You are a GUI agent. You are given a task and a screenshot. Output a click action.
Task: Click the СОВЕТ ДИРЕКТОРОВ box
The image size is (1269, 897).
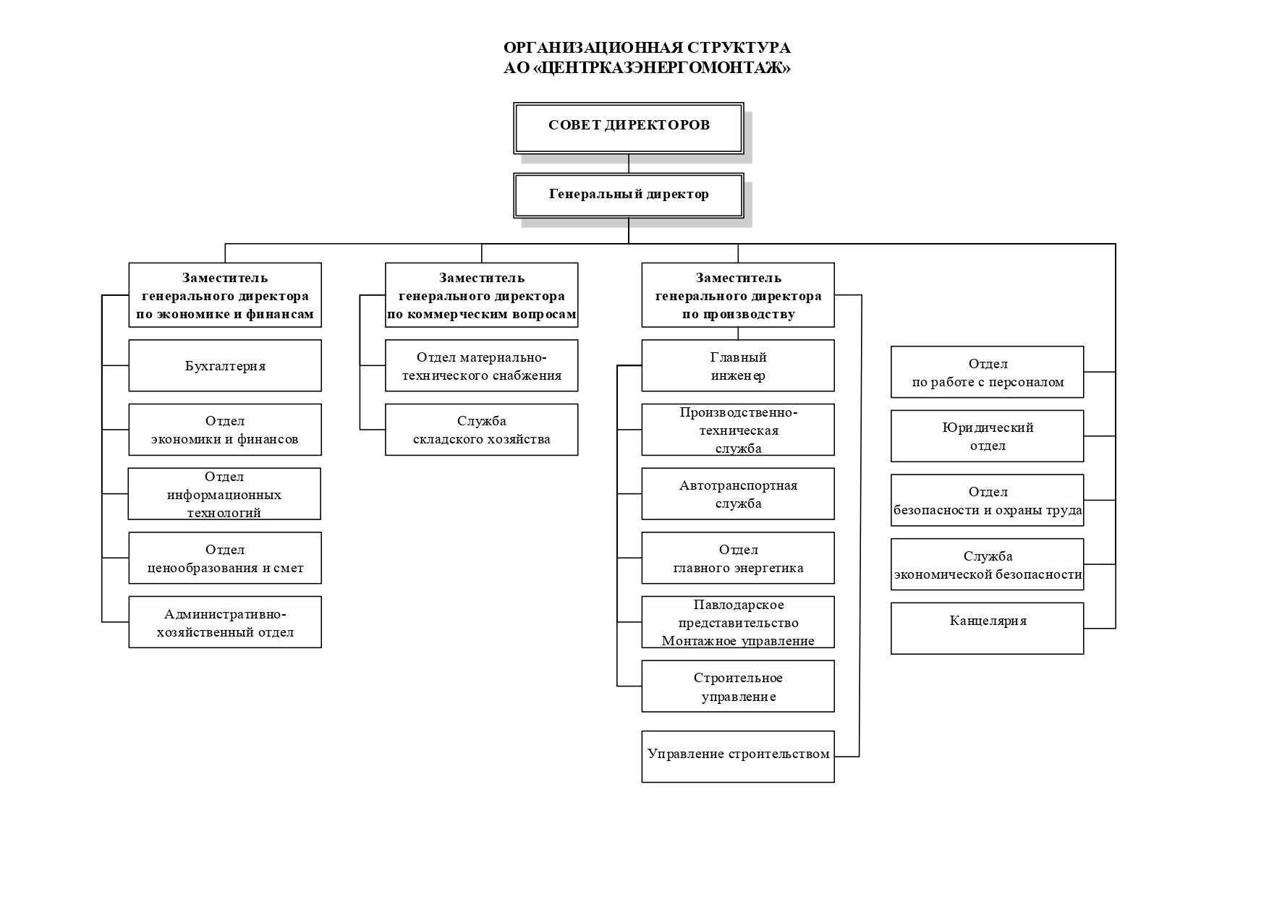(x=628, y=128)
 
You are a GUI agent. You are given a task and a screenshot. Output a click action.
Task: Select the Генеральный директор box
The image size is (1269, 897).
(x=628, y=195)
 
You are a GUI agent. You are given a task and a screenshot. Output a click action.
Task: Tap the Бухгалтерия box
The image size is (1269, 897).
(x=225, y=366)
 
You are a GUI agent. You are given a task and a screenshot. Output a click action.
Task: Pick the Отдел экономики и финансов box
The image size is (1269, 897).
(x=225, y=430)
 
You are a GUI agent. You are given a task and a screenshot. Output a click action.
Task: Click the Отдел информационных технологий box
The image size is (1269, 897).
(x=224, y=494)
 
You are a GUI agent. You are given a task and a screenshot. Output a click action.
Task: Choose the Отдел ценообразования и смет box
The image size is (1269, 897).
(x=225, y=558)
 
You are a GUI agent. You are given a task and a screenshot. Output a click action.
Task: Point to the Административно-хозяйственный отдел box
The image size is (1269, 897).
(x=225, y=622)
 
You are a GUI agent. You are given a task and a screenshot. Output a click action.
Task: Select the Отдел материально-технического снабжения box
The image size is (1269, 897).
(x=482, y=366)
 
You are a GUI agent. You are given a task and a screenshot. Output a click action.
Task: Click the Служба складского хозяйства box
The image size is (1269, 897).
(x=482, y=430)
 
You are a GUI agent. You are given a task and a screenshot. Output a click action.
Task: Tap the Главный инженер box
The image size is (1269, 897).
(x=738, y=366)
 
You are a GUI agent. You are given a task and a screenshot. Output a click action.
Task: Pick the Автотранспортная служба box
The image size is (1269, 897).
(x=738, y=494)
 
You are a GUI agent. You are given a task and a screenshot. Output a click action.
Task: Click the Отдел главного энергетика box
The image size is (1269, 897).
(x=738, y=558)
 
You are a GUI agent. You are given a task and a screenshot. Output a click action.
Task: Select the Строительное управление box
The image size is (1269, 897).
(x=738, y=686)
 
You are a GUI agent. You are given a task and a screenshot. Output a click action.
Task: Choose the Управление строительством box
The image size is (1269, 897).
(x=738, y=757)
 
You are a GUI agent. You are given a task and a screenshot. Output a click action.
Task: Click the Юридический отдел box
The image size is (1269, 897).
(x=988, y=436)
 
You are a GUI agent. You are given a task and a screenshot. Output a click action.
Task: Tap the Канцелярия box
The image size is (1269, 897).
(x=988, y=629)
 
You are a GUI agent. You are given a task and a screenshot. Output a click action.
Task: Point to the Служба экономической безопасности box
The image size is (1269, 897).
(x=988, y=564)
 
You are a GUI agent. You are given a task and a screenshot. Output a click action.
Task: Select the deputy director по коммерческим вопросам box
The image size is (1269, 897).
(x=482, y=295)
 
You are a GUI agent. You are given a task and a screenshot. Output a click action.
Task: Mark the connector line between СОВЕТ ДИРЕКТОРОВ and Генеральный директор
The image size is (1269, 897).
(x=629, y=163)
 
